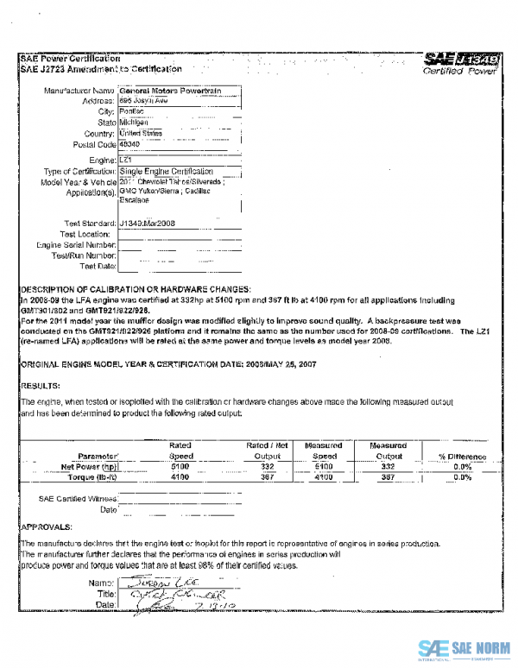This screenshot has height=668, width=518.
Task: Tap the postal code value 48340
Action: [x=129, y=144]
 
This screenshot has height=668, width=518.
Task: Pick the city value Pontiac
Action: [x=131, y=111]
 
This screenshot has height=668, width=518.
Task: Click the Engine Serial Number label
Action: [x=76, y=245]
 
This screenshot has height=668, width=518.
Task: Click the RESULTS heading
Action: [x=40, y=386]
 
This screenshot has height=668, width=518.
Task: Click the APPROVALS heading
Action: [x=47, y=525]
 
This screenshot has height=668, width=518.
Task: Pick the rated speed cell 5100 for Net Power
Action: [x=180, y=466]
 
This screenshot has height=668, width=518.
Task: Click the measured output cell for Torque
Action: [x=388, y=476]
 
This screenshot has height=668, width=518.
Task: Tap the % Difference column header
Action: [x=462, y=456]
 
